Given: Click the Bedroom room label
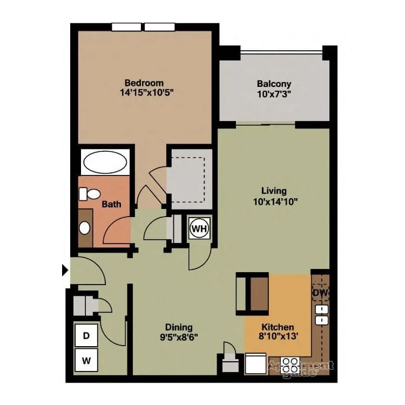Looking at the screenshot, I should [x=144, y=83].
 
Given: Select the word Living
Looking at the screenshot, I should [x=274, y=191].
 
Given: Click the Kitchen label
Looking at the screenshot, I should [x=278, y=327].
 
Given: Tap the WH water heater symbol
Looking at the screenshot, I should [x=199, y=228].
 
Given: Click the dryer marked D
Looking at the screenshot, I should [x=86, y=335].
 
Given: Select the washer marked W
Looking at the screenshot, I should [x=86, y=358].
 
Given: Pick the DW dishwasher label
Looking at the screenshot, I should [x=321, y=293].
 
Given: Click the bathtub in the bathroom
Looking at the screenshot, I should [x=105, y=161].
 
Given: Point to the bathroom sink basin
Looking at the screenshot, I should [x=85, y=227].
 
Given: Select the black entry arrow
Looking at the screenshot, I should [x=66, y=269].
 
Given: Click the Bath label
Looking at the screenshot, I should [x=111, y=205].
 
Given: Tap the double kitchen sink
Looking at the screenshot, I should [x=322, y=316].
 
